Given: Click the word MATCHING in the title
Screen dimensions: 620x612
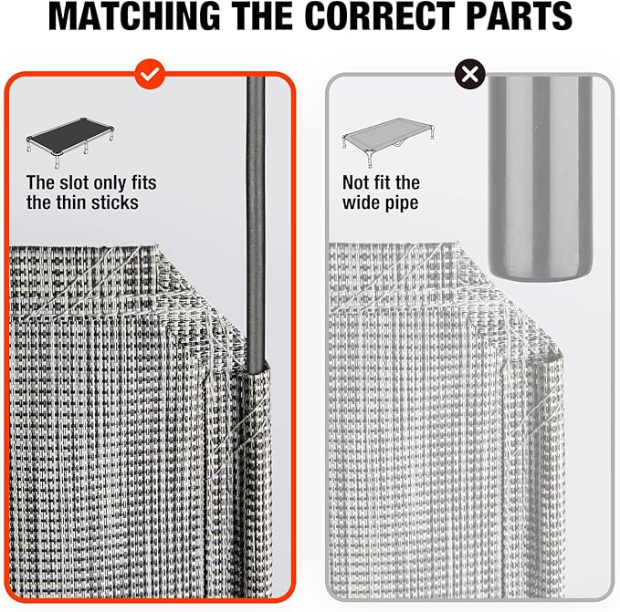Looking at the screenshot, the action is (134, 16).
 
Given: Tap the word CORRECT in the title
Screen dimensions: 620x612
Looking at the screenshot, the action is (380, 16).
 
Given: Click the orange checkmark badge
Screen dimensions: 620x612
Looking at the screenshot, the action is (150, 74).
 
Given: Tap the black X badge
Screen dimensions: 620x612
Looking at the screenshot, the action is (469, 74).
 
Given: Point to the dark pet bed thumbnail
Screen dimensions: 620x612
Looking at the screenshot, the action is (70, 142).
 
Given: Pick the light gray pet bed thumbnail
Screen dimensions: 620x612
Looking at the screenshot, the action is (388, 142).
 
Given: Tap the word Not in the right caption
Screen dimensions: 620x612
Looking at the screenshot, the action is (355, 182).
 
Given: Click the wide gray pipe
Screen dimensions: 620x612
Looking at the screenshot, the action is (541, 178).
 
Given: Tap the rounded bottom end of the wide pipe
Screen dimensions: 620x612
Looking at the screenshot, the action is (541, 275).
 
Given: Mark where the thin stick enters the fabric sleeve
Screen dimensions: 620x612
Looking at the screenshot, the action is (256, 371).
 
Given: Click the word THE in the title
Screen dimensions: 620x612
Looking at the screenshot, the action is (262, 16).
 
